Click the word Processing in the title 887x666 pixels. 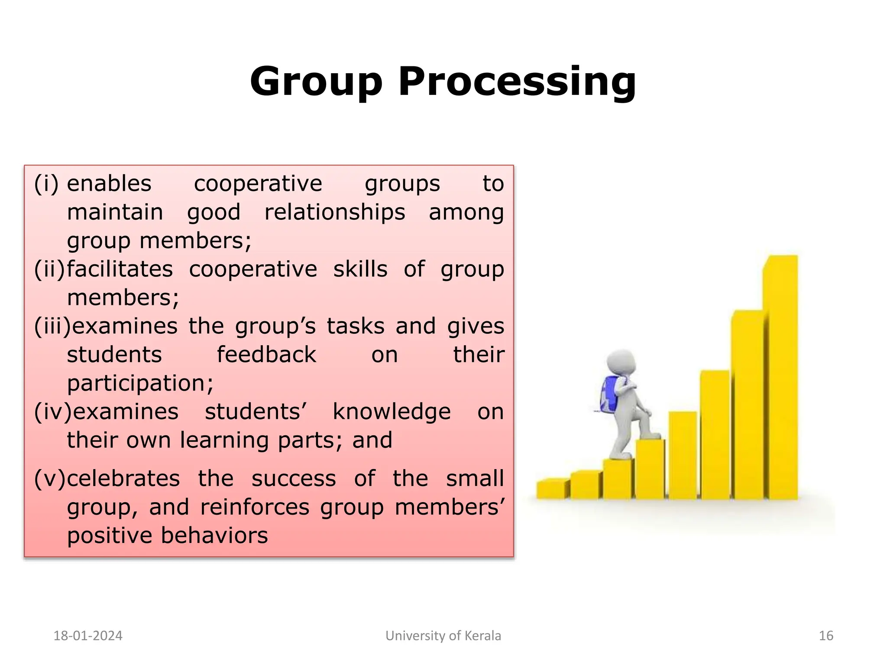pos(517,82)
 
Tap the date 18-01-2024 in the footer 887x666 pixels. pos(88,636)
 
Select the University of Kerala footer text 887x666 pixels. pos(443,636)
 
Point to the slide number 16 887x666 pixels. pos(826,636)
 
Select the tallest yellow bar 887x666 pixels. pos(780,377)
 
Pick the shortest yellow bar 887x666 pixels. pos(552,489)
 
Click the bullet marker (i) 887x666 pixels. pos(46,183)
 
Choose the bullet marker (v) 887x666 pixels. pos(49,479)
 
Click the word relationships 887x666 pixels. pos(335,212)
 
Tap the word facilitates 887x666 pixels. pos(120,269)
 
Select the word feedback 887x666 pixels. pos(266,355)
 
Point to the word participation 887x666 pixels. pos(140,384)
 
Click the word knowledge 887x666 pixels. pos(392,411)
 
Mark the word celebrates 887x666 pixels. pos(123,479)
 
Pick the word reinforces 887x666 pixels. pos(255,507)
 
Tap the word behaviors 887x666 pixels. pos(215,535)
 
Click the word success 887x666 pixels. pos(294,479)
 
